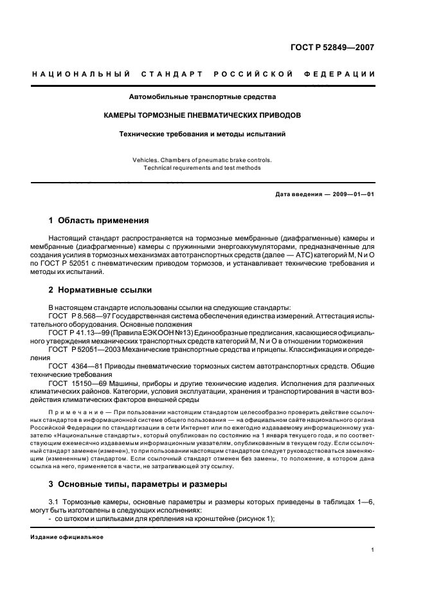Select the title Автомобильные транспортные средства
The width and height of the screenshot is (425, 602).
203,98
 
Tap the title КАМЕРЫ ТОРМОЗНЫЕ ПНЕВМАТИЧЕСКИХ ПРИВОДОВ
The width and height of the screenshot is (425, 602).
203,116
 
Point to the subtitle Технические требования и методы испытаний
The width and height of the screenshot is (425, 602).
203,134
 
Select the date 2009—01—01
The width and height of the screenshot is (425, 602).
352,194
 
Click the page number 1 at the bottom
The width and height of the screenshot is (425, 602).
373,550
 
